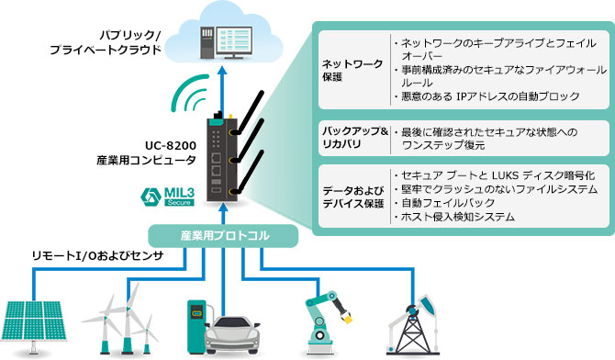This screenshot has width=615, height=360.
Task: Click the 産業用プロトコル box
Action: (x=225, y=236)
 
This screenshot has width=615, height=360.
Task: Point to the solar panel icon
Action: (x=38, y=323)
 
